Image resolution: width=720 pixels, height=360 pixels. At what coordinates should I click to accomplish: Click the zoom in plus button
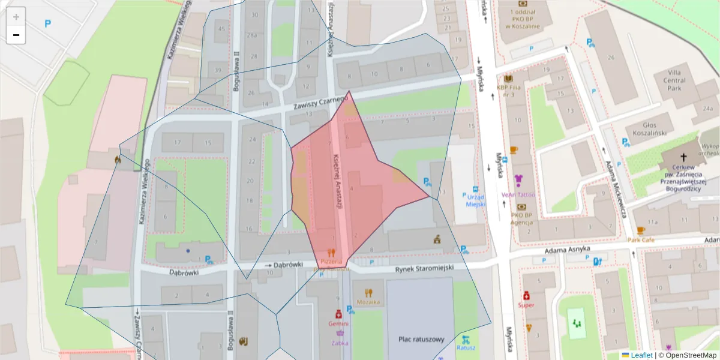click(x=16, y=17)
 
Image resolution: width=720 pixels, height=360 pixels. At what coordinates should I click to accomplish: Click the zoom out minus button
click(x=16, y=35)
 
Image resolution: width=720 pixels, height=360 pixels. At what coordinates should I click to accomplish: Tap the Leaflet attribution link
click(x=641, y=355)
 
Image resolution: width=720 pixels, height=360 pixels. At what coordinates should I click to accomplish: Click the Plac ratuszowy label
click(x=421, y=340)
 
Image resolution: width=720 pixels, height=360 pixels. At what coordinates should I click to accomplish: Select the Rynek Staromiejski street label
click(x=424, y=268)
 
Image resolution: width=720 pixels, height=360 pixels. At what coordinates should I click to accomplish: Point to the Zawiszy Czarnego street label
click(x=320, y=103)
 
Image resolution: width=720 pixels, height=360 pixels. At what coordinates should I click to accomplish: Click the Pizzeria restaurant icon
click(x=331, y=253)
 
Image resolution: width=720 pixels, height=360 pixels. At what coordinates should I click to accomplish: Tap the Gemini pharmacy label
click(x=338, y=323)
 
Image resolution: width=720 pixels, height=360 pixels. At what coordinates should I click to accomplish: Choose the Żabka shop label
click(x=339, y=343)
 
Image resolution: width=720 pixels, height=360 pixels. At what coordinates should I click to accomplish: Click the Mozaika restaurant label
click(x=368, y=302)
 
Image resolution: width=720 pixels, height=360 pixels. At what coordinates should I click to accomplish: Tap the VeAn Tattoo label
click(x=518, y=195)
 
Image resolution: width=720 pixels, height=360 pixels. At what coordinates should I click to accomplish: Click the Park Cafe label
click(x=641, y=240)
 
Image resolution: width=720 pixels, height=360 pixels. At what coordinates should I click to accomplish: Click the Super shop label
click(x=526, y=305)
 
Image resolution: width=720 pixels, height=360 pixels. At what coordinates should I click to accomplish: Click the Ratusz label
click(x=466, y=347)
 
